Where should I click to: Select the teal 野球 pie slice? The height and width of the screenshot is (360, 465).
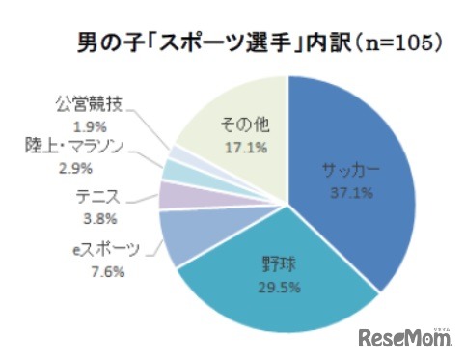pyautogui.click(x=270, y=290)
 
